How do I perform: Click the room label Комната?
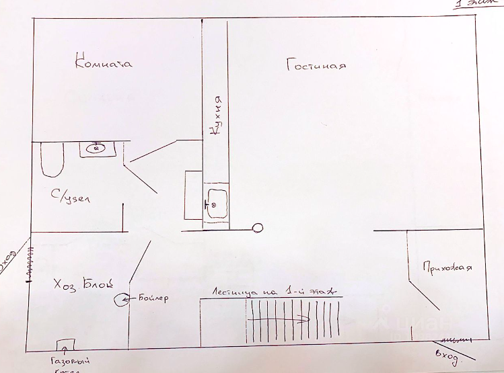pyautogui.click(x=104, y=64)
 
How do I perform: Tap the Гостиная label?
pyautogui.click(x=316, y=66)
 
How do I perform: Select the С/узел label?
pyautogui.click(x=71, y=199)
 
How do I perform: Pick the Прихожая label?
pyautogui.click(x=447, y=267)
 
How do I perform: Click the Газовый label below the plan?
pyautogui.click(x=70, y=362)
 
